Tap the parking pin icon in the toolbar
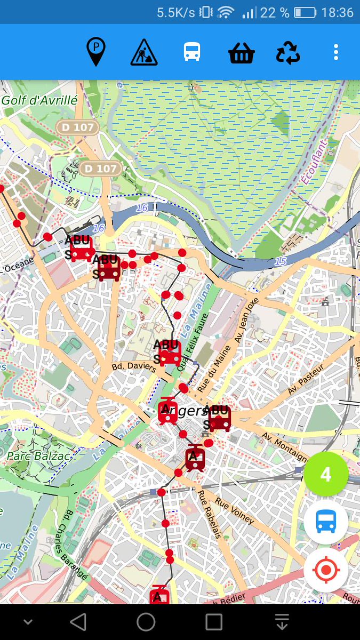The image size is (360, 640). coord(96,52)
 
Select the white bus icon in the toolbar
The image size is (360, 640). coord(192,52)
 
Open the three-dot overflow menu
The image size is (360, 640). coord(335,52)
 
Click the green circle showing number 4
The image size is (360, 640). coord(326,474)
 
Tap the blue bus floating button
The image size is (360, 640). coord(326,522)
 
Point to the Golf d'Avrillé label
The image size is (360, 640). coord(39,100)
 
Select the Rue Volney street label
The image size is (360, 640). coord(235,511)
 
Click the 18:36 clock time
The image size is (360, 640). coord(338,12)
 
